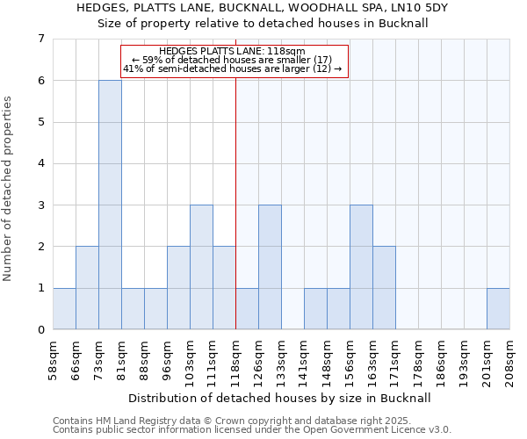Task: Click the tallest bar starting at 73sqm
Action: pyautogui.click(x=110, y=205)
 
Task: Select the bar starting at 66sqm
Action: pyautogui.click(x=87, y=288)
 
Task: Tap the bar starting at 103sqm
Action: pyautogui.click(x=201, y=267)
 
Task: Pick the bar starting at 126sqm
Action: pyautogui.click(x=270, y=267)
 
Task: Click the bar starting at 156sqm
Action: pyautogui.click(x=361, y=267)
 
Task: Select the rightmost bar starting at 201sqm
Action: pyautogui.click(x=498, y=308)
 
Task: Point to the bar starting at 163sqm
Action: pyautogui.click(x=384, y=288)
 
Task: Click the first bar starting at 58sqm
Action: pyautogui.click(x=64, y=308)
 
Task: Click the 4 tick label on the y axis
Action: pyautogui.click(x=41, y=163)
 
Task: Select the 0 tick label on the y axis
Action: pyautogui.click(x=41, y=329)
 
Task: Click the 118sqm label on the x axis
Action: pyautogui.click(x=235, y=358)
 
